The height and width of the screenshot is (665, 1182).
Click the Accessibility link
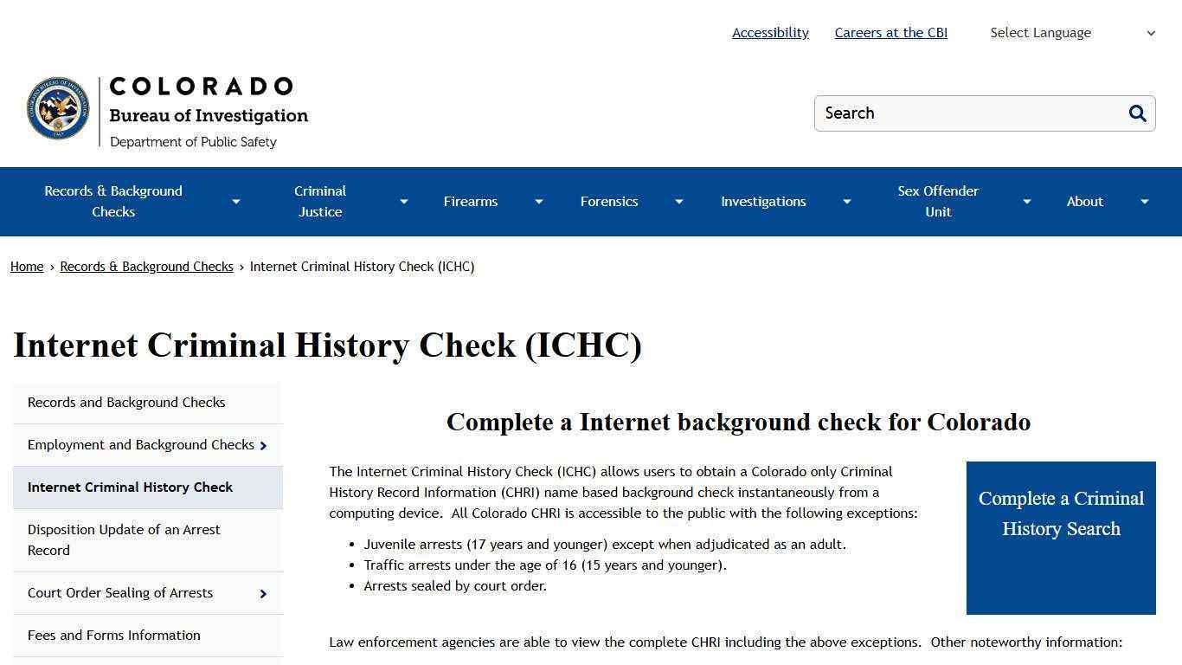pyautogui.click(x=770, y=33)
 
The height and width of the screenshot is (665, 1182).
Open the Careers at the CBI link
pyautogui.click(x=890, y=33)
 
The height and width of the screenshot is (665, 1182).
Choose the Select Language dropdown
pyautogui.click(x=1072, y=33)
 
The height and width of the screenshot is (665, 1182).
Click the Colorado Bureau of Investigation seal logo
pyautogui.click(x=58, y=108)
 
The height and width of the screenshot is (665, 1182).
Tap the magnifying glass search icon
pyautogui.click(x=1137, y=113)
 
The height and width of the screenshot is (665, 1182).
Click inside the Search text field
pyautogui.click(x=969, y=113)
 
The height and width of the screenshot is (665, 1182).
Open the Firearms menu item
pyautogui.click(x=471, y=202)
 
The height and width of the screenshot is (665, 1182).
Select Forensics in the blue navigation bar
pyautogui.click(x=609, y=202)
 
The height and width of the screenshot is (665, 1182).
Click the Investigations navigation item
pyautogui.click(x=763, y=202)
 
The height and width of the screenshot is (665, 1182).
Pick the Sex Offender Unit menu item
pyautogui.click(x=938, y=202)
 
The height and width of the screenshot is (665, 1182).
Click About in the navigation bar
pyautogui.click(x=1084, y=202)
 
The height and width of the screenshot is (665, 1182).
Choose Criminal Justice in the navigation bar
pyautogui.click(x=320, y=202)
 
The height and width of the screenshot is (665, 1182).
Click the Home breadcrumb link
pyautogui.click(x=27, y=267)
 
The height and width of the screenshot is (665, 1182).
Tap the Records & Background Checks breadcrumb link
pyautogui.click(x=146, y=267)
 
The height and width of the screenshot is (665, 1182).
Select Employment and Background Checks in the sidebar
pyautogui.click(x=141, y=445)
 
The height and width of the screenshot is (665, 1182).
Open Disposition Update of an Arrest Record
pyautogui.click(x=124, y=539)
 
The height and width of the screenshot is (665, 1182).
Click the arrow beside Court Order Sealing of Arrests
pyautogui.click(x=263, y=594)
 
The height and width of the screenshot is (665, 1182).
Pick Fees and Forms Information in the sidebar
pyautogui.click(x=114, y=636)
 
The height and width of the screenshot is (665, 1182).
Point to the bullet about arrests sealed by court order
pyautogui.click(x=455, y=586)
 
